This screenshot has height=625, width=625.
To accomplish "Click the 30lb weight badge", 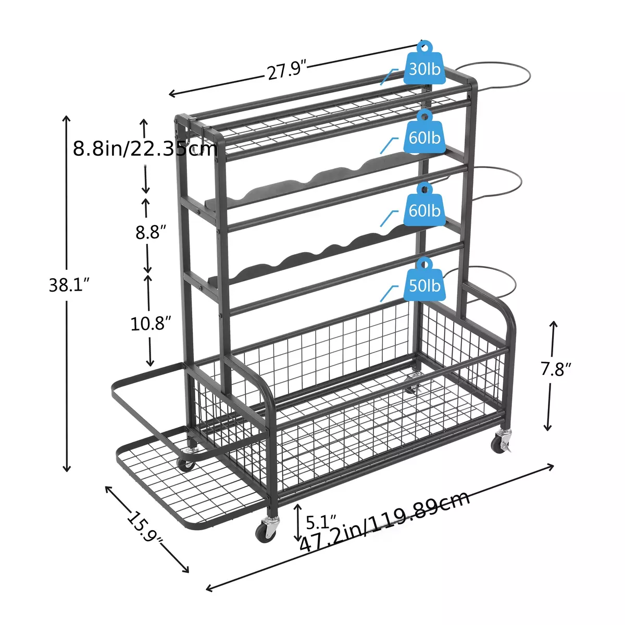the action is pos(424,67).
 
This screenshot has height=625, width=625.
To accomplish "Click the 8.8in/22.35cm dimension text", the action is pos(145,149).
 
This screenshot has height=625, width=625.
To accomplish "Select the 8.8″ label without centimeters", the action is pos(151,232).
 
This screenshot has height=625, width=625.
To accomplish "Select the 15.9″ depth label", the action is pos(145,528).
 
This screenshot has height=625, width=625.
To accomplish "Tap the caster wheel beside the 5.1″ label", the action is pos(266,532).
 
